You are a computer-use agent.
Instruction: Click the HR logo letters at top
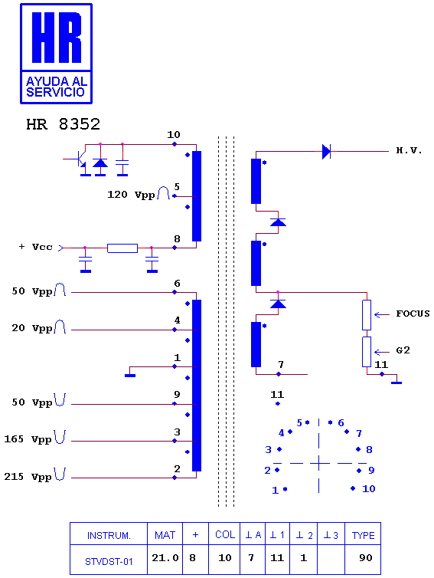click(57, 38)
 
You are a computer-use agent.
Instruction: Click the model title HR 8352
click(63, 124)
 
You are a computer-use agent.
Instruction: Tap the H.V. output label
click(409, 150)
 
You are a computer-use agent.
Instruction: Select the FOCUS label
click(413, 314)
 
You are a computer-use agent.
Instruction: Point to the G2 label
click(403, 350)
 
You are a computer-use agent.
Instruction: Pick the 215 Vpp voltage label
click(28, 477)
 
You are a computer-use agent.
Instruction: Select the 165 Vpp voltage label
click(28, 439)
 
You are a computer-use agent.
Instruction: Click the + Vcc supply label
click(36, 247)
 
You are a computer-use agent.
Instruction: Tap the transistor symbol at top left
click(80, 159)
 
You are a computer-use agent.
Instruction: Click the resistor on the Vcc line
click(122, 248)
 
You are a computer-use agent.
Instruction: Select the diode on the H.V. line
click(326, 152)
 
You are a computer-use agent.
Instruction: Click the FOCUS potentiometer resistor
click(367, 315)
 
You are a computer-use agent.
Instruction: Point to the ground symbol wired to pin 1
click(130, 376)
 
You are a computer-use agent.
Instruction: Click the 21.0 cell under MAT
click(165, 558)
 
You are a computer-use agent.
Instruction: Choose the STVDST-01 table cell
click(109, 561)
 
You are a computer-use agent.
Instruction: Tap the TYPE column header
click(363, 535)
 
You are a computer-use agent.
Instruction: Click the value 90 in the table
click(366, 558)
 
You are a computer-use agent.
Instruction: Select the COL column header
click(225, 534)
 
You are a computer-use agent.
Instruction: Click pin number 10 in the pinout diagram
click(368, 489)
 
